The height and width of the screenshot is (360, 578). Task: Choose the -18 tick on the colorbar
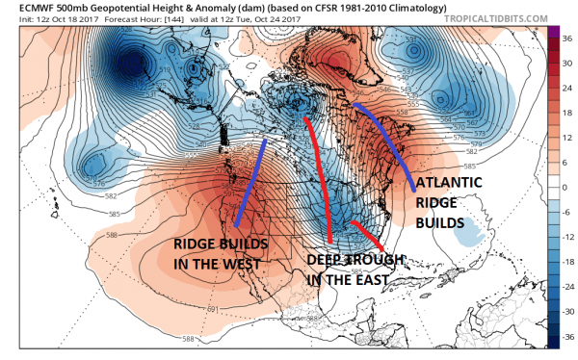pos(566,262)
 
